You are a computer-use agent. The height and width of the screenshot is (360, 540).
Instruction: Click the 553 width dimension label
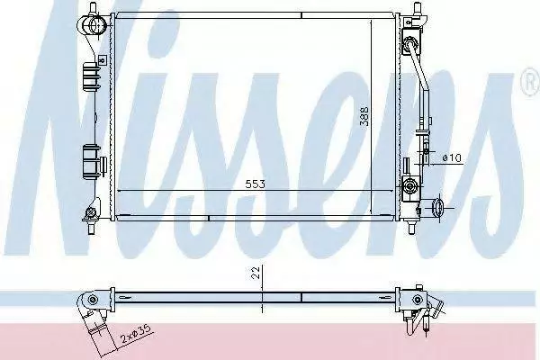click(x=256, y=184)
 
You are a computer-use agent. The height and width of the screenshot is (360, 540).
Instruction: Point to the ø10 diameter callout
click(x=452, y=158)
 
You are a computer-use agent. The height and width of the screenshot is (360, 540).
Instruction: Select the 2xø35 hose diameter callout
click(x=137, y=335)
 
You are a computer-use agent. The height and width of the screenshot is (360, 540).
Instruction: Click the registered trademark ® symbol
click(x=531, y=82)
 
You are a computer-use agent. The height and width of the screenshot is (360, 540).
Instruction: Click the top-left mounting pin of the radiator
click(x=93, y=7)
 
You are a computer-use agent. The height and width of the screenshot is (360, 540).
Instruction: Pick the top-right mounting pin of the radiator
click(x=417, y=8)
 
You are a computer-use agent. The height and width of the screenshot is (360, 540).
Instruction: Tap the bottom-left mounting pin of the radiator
click(x=92, y=228)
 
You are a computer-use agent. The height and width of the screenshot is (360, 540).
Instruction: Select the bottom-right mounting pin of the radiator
click(x=411, y=227)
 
